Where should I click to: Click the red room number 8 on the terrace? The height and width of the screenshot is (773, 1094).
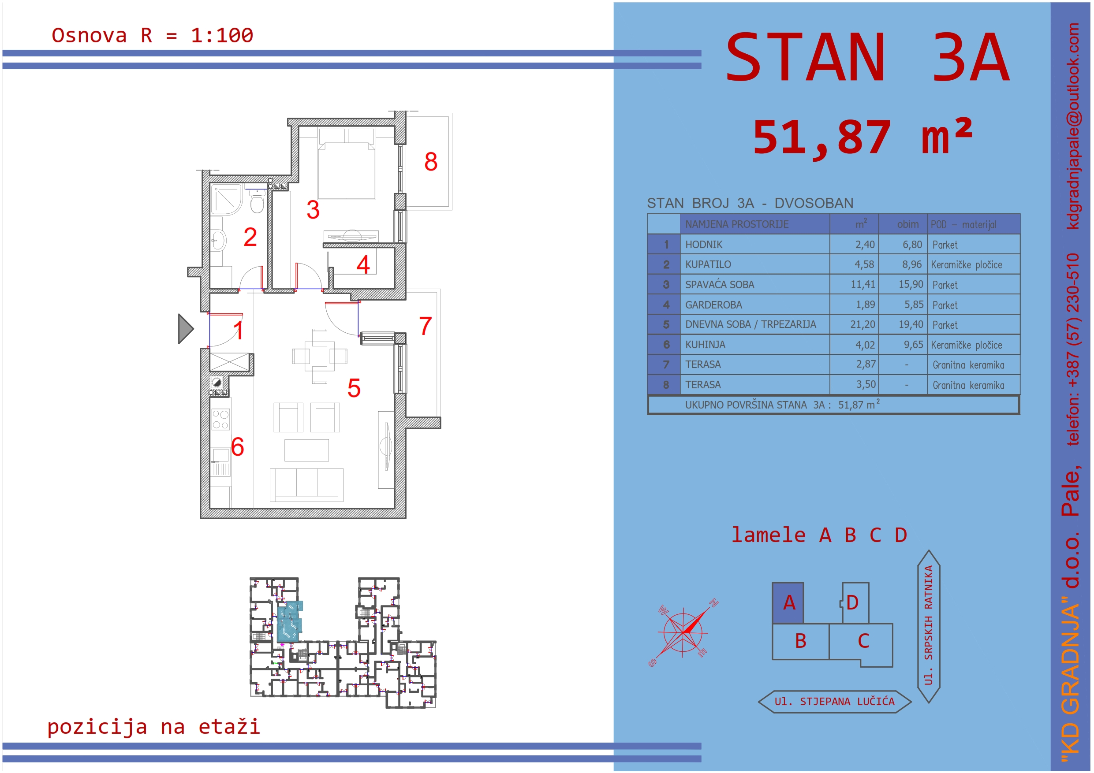pyautogui.click(x=431, y=161)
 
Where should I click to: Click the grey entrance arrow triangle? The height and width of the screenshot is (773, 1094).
pyautogui.click(x=186, y=329)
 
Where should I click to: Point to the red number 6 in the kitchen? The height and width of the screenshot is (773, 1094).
pyautogui.click(x=237, y=447)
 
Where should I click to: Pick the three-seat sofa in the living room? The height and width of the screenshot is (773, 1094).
pyautogui.click(x=306, y=484)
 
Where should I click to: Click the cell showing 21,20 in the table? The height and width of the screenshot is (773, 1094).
pyautogui.click(x=863, y=324)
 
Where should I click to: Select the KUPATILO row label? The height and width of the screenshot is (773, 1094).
pyautogui.click(x=708, y=264)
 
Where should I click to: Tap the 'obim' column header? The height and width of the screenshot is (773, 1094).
pyautogui.click(x=907, y=224)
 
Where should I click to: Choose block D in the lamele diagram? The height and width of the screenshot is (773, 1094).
pyautogui.click(x=855, y=603)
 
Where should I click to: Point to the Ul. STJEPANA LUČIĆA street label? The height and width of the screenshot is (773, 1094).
pyautogui.click(x=834, y=702)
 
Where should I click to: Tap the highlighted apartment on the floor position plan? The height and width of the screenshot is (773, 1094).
pyautogui.click(x=289, y=621)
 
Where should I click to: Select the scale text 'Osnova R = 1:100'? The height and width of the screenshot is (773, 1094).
pyautogui.click(x=153, y=36)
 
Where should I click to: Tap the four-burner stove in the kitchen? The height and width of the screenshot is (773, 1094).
pyautogui.click(x=220, y=420)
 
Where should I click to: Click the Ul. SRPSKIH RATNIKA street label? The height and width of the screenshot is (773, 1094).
pyautogui.click(x=929, y=625)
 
